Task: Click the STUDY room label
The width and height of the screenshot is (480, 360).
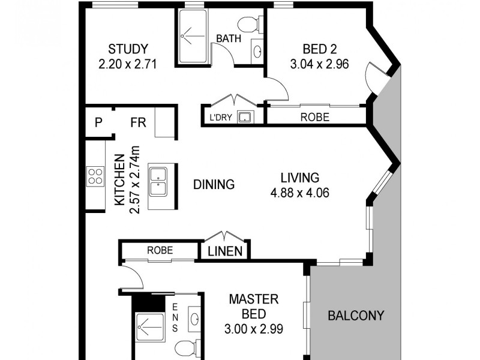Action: tap(128, 49)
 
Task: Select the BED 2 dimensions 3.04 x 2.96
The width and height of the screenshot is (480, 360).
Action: tap(319, 64)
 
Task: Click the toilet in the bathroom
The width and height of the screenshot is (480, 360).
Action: tap(248, 25)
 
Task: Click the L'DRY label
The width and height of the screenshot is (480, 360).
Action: tap(220, 116)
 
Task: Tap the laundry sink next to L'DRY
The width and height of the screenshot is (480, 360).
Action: tap(245, 116)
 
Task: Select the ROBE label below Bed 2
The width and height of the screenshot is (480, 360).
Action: tap(315, 117)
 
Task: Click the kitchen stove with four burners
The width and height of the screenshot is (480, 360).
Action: tap(95, 176)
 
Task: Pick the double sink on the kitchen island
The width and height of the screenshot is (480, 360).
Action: tap(159, 182)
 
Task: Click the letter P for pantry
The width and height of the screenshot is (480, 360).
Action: tap(98, 123)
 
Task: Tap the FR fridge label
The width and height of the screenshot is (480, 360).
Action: tap(139, 123)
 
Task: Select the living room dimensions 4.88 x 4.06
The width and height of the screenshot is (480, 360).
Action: tap(300, 193)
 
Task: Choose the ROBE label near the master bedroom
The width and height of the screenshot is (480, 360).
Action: tap(159, 250)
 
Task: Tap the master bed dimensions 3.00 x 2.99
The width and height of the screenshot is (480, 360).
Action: tap(252, 329)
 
